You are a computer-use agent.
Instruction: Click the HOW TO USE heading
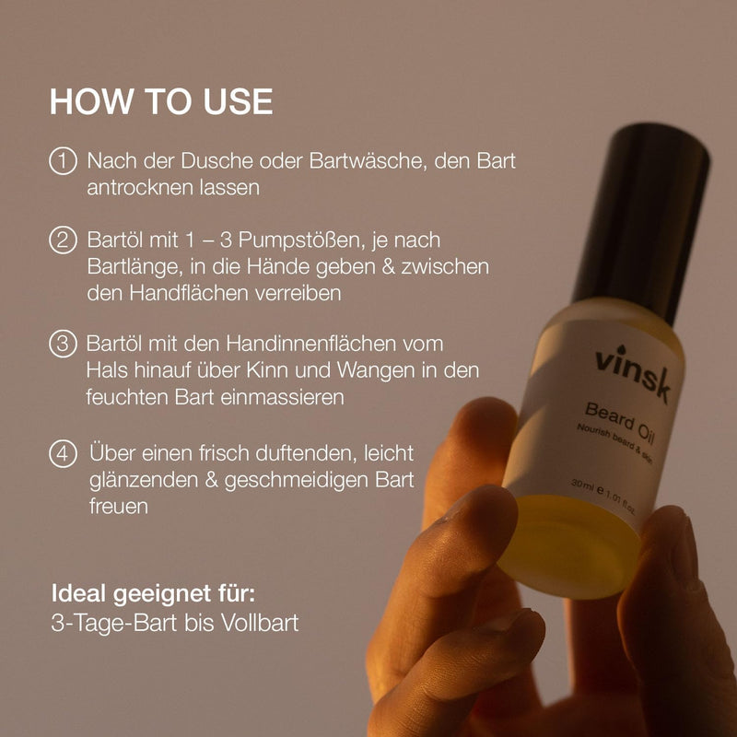click(x=161, y=101)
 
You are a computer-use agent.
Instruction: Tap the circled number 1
click(x=63, y=161)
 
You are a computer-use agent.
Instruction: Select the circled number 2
click(x=63, y=241)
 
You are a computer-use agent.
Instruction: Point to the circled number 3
click(x=63, y=344)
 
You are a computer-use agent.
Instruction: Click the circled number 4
click(x=63, y=454)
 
